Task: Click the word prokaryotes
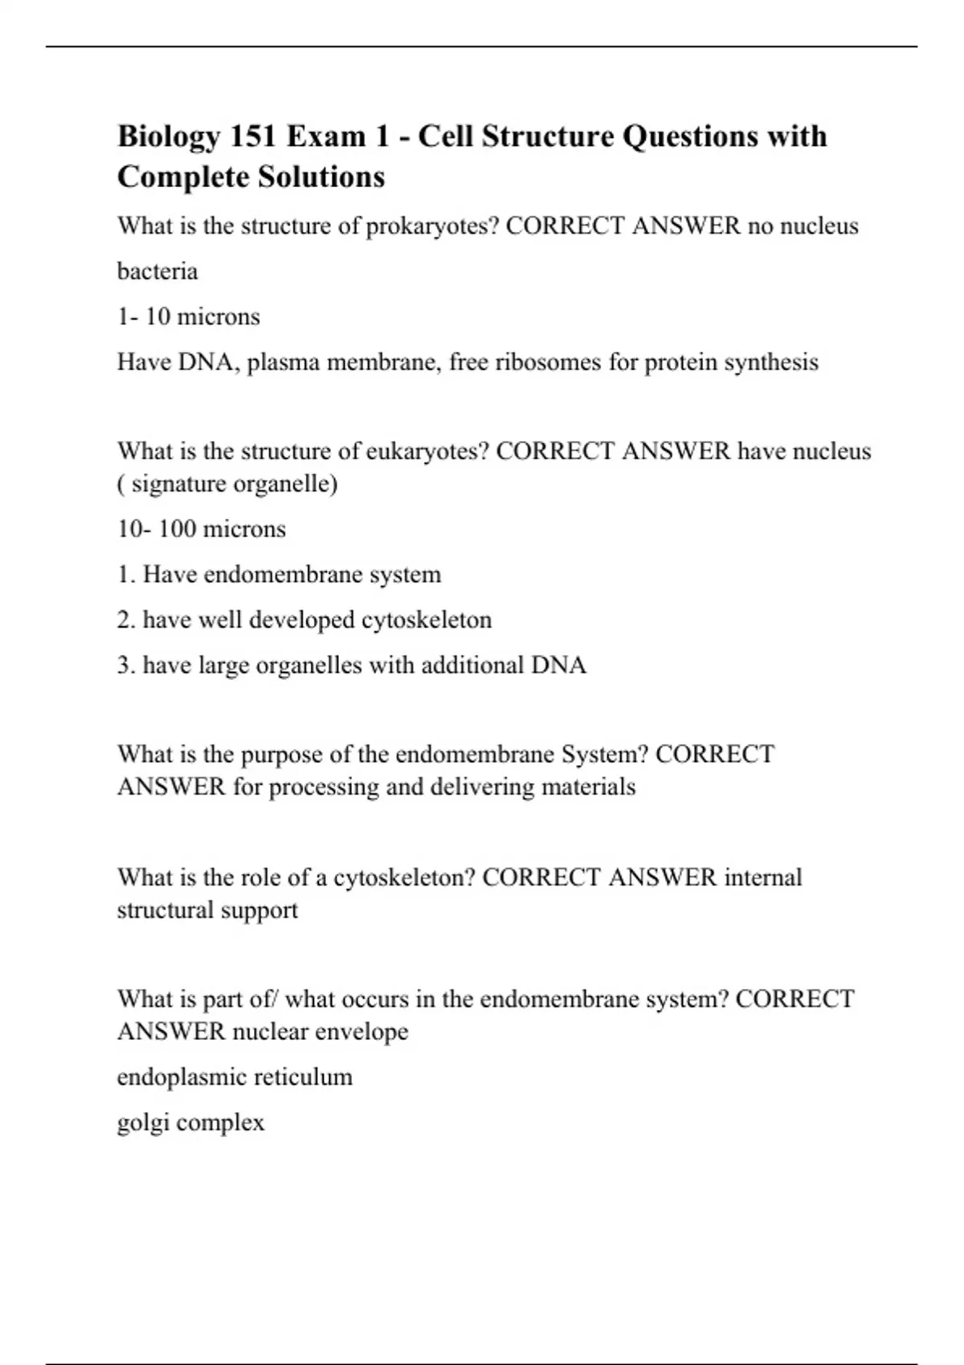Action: (x=432, y=227)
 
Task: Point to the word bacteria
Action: (x=157, y=271)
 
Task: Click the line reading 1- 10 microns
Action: (x=189, y=317)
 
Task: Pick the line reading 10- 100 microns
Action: (x=202, y=529)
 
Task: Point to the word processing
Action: (x=324, y=787)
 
